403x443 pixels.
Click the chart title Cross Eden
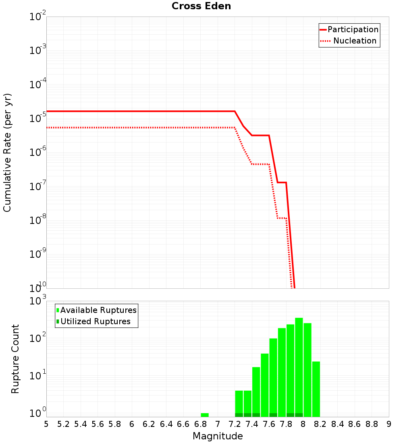(x=201, y=6)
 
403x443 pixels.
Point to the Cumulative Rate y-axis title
(x=7, y=153)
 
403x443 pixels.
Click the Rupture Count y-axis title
(x=15, y=358)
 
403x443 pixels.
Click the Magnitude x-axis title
(x=218, y=436)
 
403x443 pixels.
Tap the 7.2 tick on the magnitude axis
(x=235, y=424)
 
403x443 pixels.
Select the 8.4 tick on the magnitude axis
(x=337, y=424)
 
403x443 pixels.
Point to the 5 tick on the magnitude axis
(x=46, y=424)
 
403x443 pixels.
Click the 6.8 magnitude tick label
(x=200, y=424)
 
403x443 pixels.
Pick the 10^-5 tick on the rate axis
(x=38, y=118)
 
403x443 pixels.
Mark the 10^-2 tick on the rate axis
(x=38, y=17)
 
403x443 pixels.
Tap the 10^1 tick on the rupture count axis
(x=38, y=375)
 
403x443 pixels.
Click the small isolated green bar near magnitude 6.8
(x=205, y=415)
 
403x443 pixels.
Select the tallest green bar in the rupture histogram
(x=299, y=366)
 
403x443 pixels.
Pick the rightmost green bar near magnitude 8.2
(x=316, y=389)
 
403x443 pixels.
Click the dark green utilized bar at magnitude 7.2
(x=239, y=415)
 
